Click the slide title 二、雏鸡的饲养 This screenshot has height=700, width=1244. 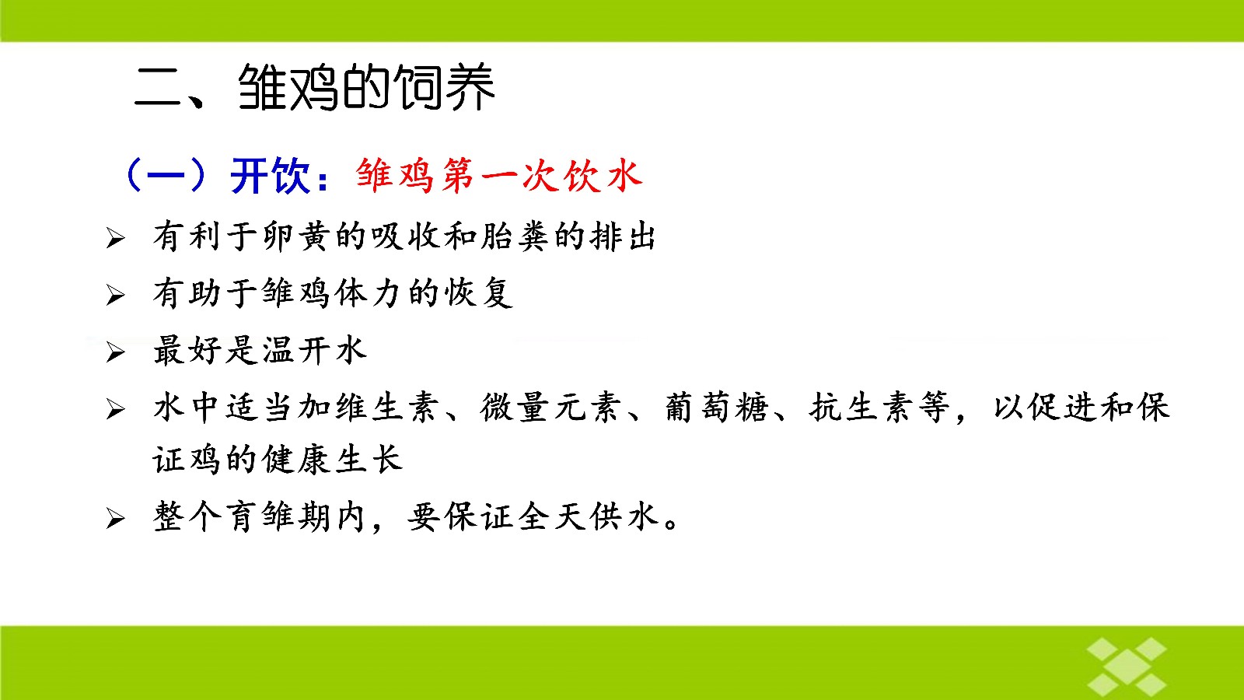pyautogui.click(x=314, y=86)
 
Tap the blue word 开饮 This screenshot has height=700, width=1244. pyautogui.click(x=270, y=176)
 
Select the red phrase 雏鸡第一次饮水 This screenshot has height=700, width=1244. pyautogui.click(x=499, y=176)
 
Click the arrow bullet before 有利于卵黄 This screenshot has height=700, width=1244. pyautogui.click(x=116, y=238)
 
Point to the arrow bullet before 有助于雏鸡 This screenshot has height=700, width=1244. pyautogui.click(x=116, y=295)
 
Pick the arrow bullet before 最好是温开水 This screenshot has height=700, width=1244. pyautogui.click(x=116, y=352)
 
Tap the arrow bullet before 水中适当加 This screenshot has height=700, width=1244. pyautogui.click(x=116, y=409)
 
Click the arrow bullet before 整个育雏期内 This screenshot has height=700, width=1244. pyautogui.click(x=116, y=518)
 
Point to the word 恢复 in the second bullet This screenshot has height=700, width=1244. pyautogui.click(x=478, y=292)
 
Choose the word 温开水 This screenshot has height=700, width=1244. pyautogui.click(x=314, y=350)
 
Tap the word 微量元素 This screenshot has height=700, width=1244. pyautogui.click(x=550, y=408)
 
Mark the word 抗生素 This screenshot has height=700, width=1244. pyautogui.click(x=860, y=408)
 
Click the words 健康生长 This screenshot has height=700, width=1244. pyautogui.click(x=332, y=460)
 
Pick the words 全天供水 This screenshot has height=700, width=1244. pyautogui.click(x=588, y=516)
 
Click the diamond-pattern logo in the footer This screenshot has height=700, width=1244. pyautogui.click(x=1127, y=667)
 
